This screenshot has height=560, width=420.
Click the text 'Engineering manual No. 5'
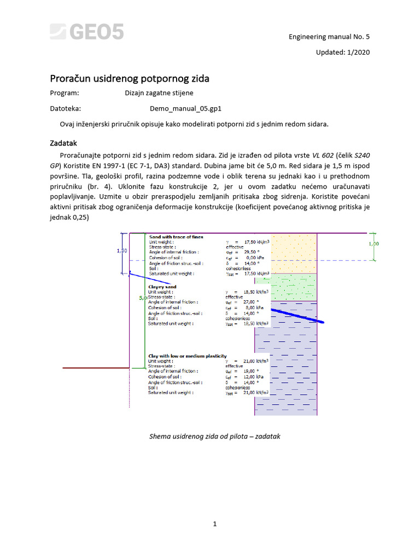point(329,37)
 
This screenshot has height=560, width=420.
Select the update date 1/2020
point(358,52)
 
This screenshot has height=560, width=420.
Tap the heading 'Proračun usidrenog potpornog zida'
point(130,79)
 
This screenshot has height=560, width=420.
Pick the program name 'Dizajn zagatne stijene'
point(159,93)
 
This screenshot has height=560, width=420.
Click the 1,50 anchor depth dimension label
point(121,251)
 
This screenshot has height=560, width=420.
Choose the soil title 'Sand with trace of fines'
point(176,236)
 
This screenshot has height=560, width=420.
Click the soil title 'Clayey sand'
point(162,287)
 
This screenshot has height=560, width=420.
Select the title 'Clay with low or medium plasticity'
point(188,356)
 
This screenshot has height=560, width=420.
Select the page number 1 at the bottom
point(215,524)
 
